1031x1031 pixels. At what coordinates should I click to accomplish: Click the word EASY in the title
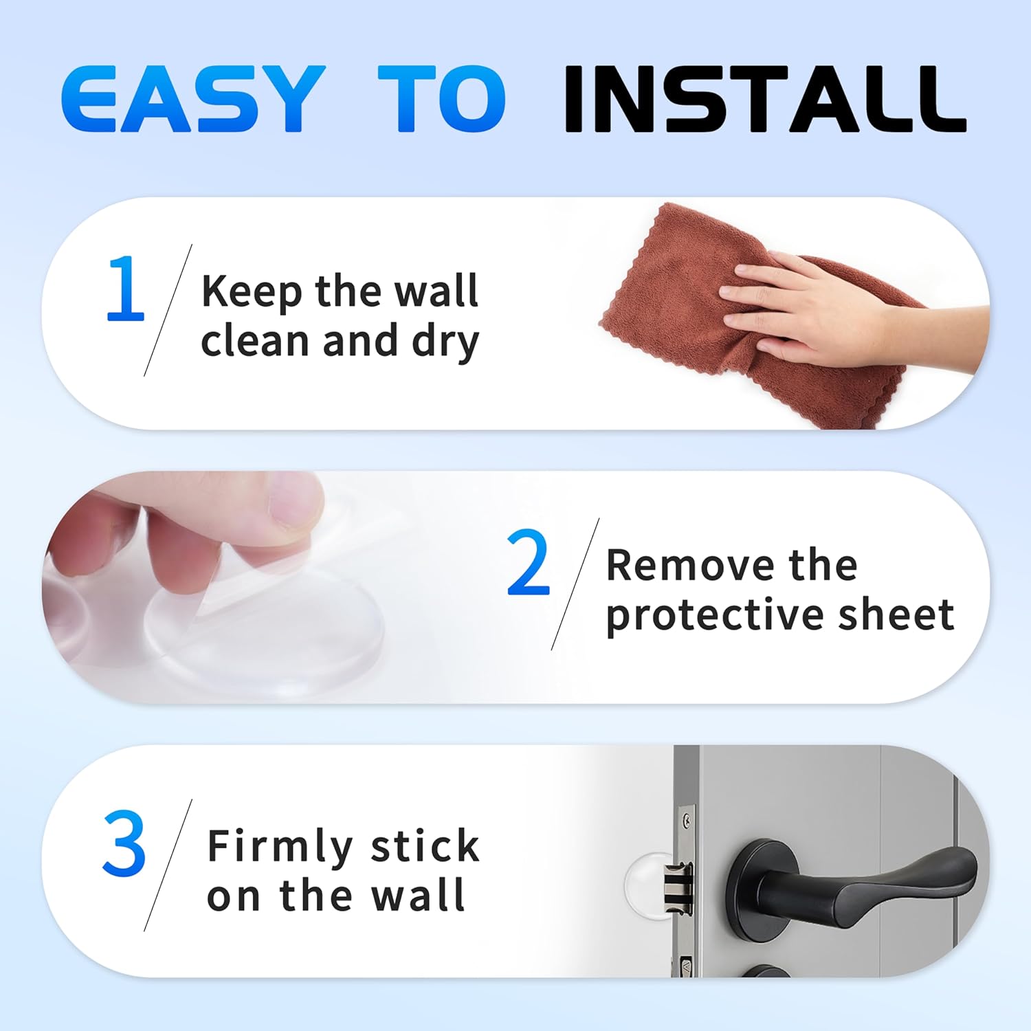click(192, 98)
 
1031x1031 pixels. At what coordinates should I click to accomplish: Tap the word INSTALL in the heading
click(764, 98)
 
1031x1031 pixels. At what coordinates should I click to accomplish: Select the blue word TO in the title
click(442, 98)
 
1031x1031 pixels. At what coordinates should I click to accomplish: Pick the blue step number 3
click(124, 843)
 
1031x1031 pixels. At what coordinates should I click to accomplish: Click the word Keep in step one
click(252, 291)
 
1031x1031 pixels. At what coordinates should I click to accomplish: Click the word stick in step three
click(424, 845)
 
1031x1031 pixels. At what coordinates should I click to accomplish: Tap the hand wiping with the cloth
click(825, 309)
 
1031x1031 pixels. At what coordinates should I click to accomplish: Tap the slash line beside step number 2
click(575, 584)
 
